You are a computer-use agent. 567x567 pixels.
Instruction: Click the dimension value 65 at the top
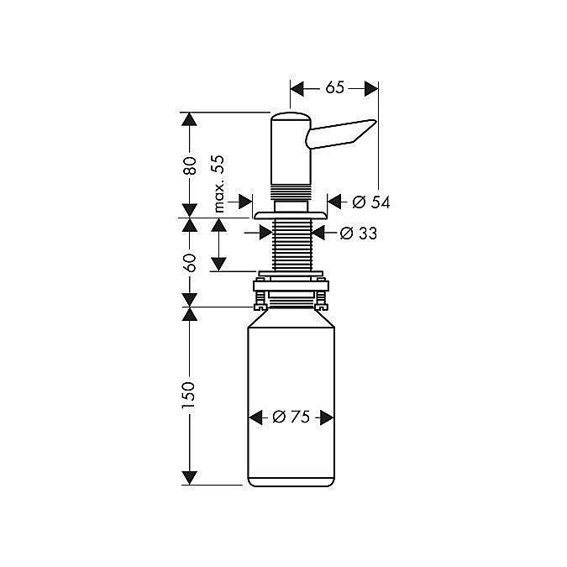pos(334,88)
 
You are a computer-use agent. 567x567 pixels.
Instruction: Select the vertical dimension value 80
pos(190,165)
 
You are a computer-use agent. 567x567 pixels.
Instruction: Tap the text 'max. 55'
pos(218,183)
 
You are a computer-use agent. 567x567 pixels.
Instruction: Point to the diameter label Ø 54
pos(371,202)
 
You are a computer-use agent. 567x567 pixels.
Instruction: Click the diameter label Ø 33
pos(358,234)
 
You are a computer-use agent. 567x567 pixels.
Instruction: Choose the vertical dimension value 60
pos(190,261)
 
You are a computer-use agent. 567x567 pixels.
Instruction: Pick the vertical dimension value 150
pos(190,396)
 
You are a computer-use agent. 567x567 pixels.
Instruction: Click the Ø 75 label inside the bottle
pos(291,417)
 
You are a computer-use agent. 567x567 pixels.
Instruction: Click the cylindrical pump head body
pos(290,151)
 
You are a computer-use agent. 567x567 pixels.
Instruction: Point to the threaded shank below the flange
pos(291,244)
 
